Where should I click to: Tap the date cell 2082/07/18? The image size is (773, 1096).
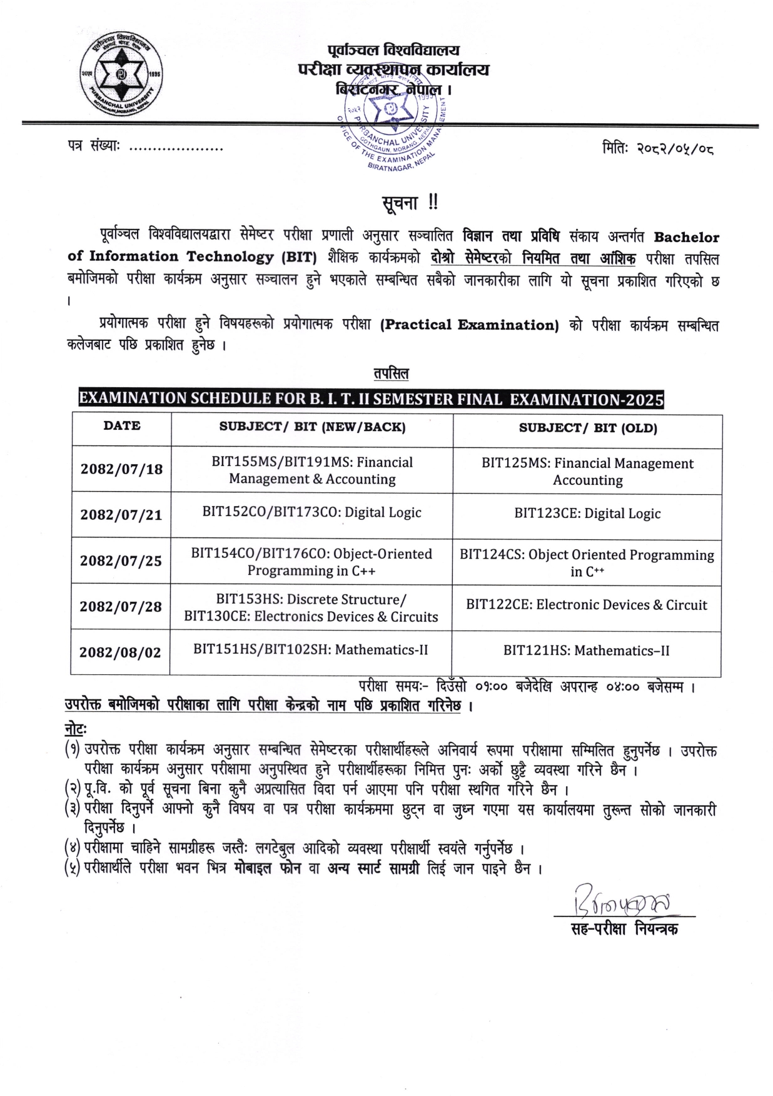[121, 469]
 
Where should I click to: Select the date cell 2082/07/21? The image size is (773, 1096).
[121, 515]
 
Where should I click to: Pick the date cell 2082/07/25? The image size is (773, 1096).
[121, 561]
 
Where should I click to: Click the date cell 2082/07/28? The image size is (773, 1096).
[121, 606]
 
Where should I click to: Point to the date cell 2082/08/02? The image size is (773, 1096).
[120, 652]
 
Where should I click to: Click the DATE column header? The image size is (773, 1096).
[122, 426]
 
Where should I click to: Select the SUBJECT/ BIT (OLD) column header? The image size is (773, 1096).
[587, 429]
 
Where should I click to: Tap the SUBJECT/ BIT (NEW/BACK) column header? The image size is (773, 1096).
[312, 427]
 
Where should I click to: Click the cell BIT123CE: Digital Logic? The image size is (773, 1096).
[587, 514]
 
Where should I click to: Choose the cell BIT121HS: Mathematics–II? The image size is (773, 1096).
[587, 651]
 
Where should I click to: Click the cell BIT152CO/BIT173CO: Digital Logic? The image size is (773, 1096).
[311, 512]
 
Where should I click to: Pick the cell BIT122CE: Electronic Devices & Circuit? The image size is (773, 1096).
[587, 605]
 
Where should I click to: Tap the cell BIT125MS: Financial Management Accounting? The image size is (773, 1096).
[587, 472]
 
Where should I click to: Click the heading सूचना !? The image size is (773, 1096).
[410, 203]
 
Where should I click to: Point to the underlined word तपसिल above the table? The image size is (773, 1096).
[391, 374]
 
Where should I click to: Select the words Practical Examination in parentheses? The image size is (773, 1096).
[469, 325]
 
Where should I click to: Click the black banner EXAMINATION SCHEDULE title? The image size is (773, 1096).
[371, 399]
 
